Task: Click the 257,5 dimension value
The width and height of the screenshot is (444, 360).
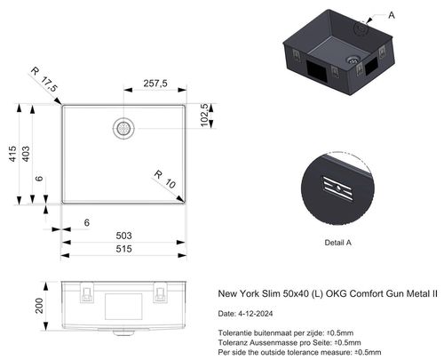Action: point(155,84)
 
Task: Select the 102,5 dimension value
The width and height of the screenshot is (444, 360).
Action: point(205,115)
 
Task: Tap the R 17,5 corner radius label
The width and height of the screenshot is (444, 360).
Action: point(44,79)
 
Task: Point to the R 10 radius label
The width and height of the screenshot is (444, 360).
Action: point(165,179)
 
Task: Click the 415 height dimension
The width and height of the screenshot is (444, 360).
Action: point(12,154)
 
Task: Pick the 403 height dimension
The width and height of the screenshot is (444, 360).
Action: point(26,154)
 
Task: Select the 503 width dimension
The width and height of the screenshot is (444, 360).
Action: point(123,236)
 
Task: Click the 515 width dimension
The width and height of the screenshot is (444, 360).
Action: point(123,249)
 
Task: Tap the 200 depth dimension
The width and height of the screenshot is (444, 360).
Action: point(39,306)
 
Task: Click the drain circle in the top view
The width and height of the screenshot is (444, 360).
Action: point(123,128)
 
